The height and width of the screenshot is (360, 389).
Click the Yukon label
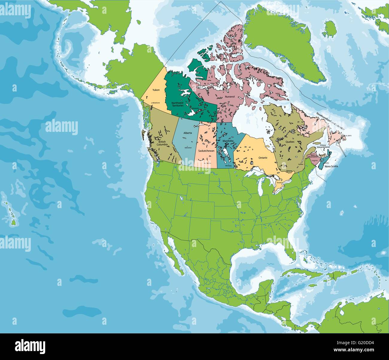tap(156, 90)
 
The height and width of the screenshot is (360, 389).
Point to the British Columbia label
tap(158, 143)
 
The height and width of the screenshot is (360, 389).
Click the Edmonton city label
tap(188, 148)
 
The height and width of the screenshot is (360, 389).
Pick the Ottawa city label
tap(289, 171)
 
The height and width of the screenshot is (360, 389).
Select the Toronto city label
tap(279, 182)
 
